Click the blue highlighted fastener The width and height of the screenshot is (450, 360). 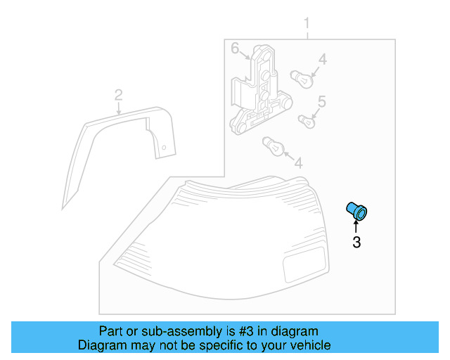coord(357,210)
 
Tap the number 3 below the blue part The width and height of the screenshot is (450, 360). coord(356,243)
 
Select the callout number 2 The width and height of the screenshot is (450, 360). coord(119,95)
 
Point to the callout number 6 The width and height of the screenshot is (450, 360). coord(236,49)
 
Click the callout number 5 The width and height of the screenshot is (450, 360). coord(321,102)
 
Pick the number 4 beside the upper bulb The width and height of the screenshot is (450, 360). coord(321,60)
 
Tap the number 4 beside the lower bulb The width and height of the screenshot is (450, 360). coord(298,163)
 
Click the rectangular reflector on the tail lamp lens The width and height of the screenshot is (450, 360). coord(303,264)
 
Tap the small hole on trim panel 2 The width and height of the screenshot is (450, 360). coord(163,148)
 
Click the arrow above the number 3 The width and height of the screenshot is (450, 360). coord(356,227)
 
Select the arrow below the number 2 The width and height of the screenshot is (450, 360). coord(119,108)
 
